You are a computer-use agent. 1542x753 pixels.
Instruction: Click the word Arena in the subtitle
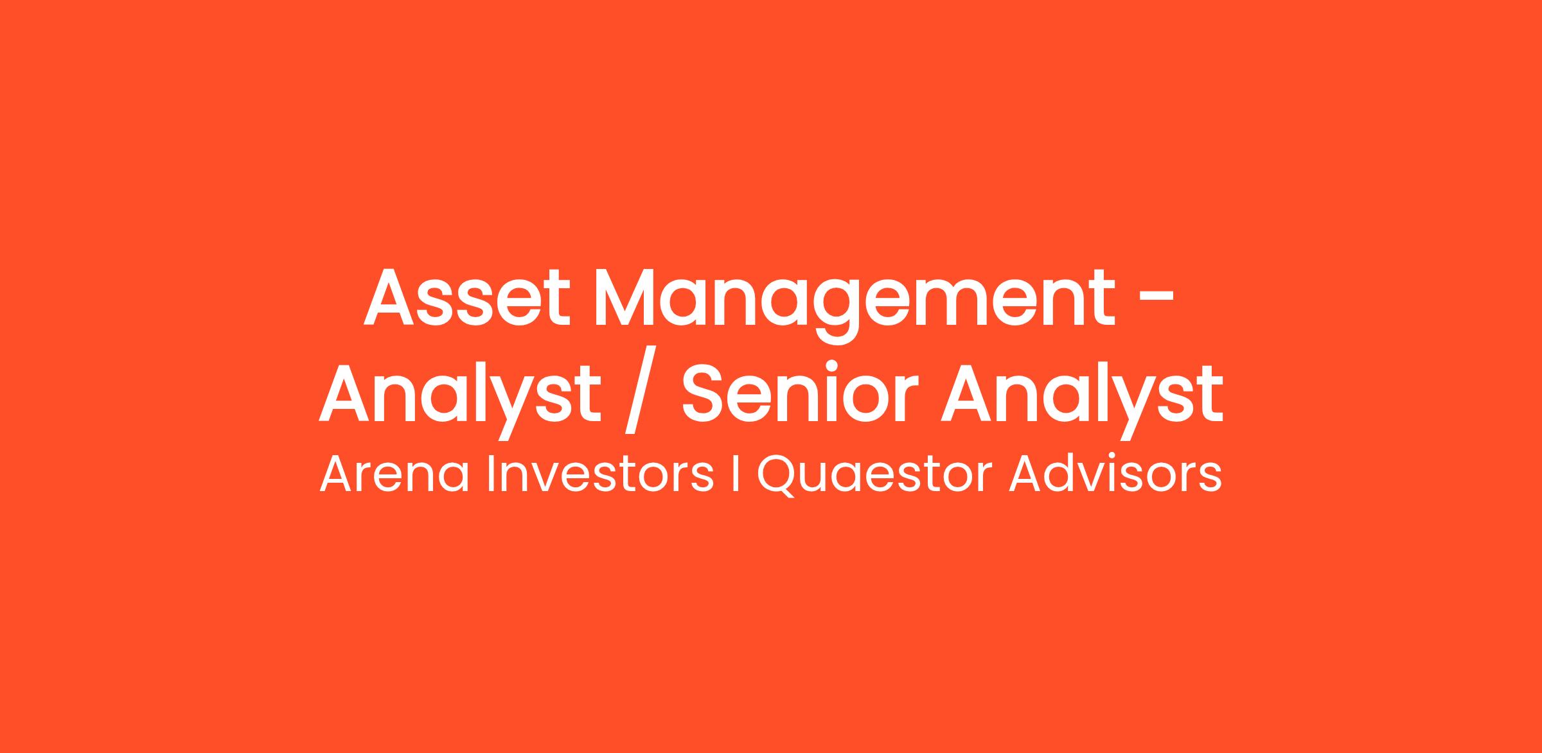(x=394, y=474)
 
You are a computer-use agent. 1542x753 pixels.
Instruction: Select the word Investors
(x=600, y=474)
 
